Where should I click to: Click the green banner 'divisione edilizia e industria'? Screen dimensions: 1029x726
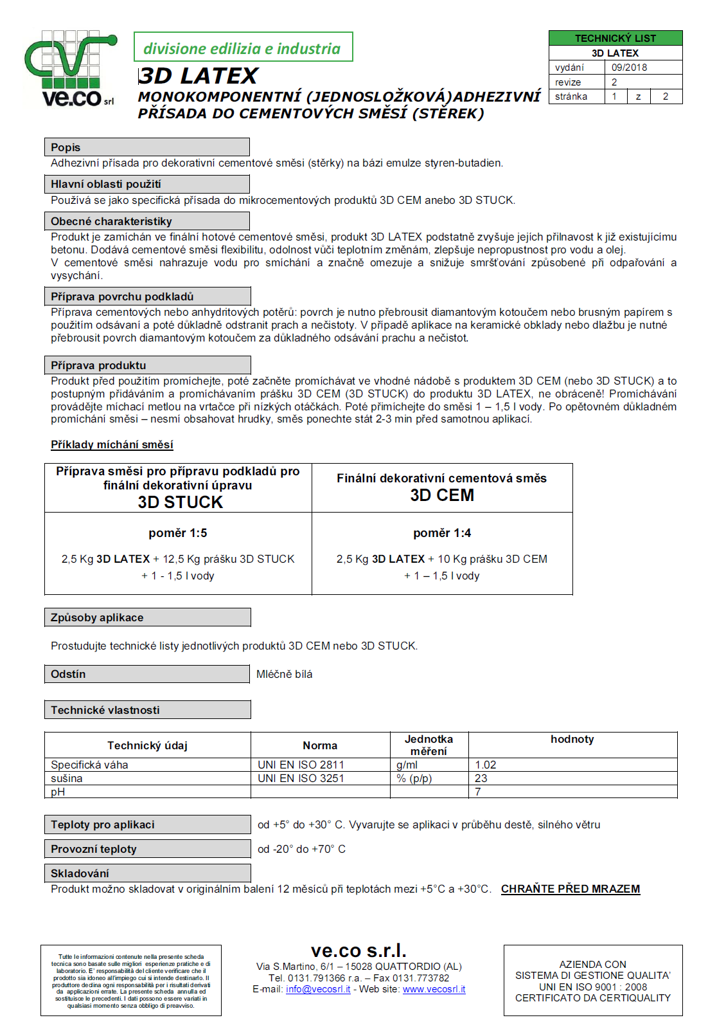(x=243, y=48)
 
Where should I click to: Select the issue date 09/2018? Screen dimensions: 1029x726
(x=629, y=68)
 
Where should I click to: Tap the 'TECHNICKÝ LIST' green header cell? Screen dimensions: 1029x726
(x=615, y=38)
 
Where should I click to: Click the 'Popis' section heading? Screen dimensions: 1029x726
(x=66, y=147)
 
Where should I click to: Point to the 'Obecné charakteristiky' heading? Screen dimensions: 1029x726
(x=111, y=221)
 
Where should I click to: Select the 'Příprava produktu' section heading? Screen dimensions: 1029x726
(x=98, y=365)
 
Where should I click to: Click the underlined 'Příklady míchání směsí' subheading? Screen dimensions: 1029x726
(x=112, y=444)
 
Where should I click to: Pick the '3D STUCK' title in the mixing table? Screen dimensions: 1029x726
(x=180, y=502)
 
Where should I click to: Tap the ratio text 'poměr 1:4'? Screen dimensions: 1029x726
(x=442, y=533)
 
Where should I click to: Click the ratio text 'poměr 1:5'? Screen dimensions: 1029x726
(x=178, y=533)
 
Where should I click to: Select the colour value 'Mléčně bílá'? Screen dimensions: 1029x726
(x=284, y=674)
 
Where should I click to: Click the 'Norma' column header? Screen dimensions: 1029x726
(x=320, y=745)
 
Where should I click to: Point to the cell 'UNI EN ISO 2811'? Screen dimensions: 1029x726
(x=301, y=765)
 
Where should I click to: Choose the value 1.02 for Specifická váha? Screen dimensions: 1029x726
(x=486, y=765)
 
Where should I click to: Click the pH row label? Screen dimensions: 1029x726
(x=58, y=792)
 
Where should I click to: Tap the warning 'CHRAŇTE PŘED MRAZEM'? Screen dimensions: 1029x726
(x=571, y=889)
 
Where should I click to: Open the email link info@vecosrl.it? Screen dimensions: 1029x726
(x=318, y=989)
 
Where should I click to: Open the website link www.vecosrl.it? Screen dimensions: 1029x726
(x=434, y=989)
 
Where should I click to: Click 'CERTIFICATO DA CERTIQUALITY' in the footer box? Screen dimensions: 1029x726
(x=592, y=997)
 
